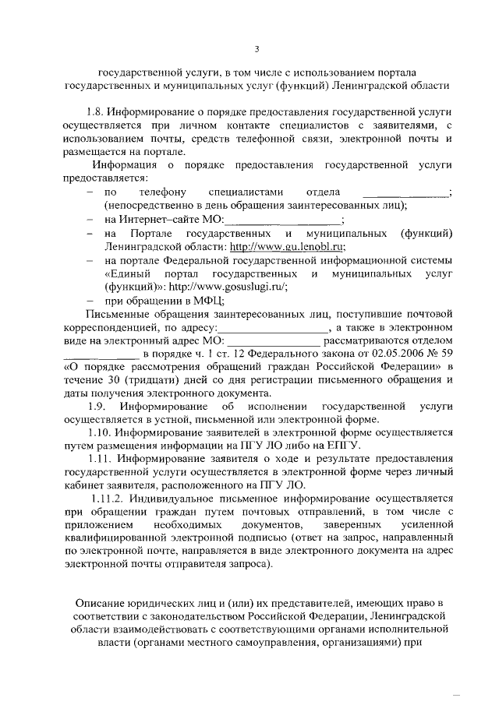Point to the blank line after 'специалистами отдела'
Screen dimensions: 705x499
click(x=406, y=192)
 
